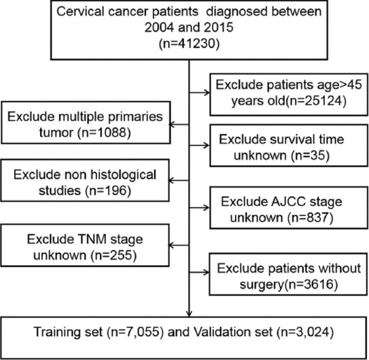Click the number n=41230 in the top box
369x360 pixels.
[x=189, y=43]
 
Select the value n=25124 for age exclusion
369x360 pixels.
[x=315, y=101]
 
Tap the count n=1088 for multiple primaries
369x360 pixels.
[x=104, y=132]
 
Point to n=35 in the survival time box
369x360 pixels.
[x=310, y=156]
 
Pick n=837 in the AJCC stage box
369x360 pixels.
[x=310, y=217]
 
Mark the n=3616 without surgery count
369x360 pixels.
[x=313, y=284]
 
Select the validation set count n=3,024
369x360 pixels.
[x=304, y=332]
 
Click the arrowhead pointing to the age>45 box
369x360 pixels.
[x=207, y=92]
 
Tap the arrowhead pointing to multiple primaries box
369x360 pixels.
[x=172, y=124]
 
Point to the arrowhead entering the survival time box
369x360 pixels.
[x=207, y=145]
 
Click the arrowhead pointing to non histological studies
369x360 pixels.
[x=171, y=181]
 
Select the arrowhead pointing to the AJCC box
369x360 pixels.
[x=207, y=208]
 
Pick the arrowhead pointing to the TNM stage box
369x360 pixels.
[x=171, y=245]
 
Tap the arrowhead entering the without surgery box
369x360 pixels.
[x=207, y=272]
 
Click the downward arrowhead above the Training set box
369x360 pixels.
[x=189, y=314]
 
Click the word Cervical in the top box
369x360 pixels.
[x=80, y=12]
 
